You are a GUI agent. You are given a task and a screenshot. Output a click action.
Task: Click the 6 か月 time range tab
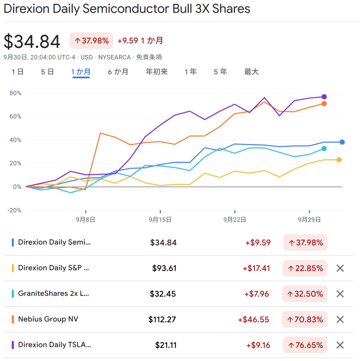[118, 72]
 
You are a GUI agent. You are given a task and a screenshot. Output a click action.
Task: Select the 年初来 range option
[157, 72]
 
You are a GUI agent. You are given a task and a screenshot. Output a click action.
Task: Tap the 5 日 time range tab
[47, 72]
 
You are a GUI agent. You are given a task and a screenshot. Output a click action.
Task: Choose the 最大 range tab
[252, 72]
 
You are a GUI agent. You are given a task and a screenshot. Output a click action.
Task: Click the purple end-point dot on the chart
[324, 97]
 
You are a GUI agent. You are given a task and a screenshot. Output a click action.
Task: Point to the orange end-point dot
[324, 104]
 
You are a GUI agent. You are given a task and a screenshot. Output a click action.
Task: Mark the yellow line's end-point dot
[339, 160]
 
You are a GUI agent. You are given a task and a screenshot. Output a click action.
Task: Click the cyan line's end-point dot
[324, 149]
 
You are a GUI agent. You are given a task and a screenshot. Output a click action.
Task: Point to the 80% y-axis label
[15, 93]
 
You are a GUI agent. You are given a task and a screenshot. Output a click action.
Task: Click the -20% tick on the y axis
[15, 210]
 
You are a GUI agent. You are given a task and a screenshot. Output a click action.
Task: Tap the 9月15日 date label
[160, 220]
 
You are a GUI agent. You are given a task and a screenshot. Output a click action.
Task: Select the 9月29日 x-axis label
[309, 220]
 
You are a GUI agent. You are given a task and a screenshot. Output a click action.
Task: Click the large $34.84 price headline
[32, 42]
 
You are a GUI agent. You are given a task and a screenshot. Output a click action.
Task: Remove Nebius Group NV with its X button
[340, 319]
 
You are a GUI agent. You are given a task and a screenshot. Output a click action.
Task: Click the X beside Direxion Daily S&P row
[340, 268]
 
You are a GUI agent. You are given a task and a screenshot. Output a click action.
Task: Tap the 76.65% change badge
[305, 345]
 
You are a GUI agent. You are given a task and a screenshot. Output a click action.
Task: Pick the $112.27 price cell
[162, 319]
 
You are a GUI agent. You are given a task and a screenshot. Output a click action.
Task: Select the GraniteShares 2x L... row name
[54, 294]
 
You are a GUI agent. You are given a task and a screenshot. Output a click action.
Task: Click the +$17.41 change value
[256, 268]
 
